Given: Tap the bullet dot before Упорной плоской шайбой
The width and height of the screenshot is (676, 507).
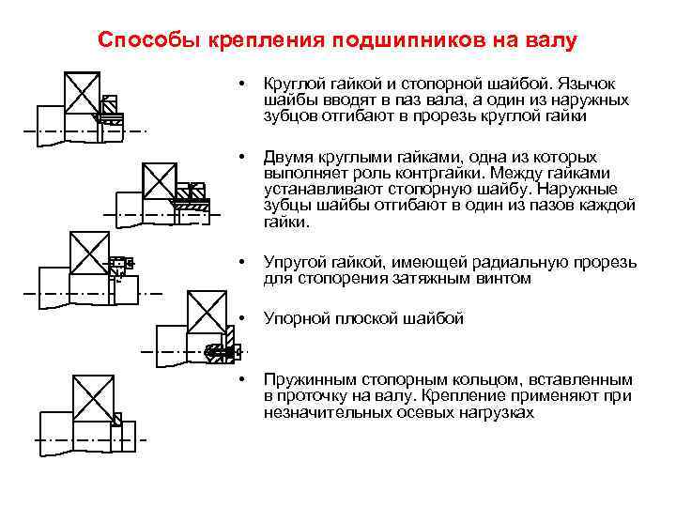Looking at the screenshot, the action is (x=243, y=318).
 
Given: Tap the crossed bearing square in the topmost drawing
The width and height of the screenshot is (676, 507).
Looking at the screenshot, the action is (x=82, y=93).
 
